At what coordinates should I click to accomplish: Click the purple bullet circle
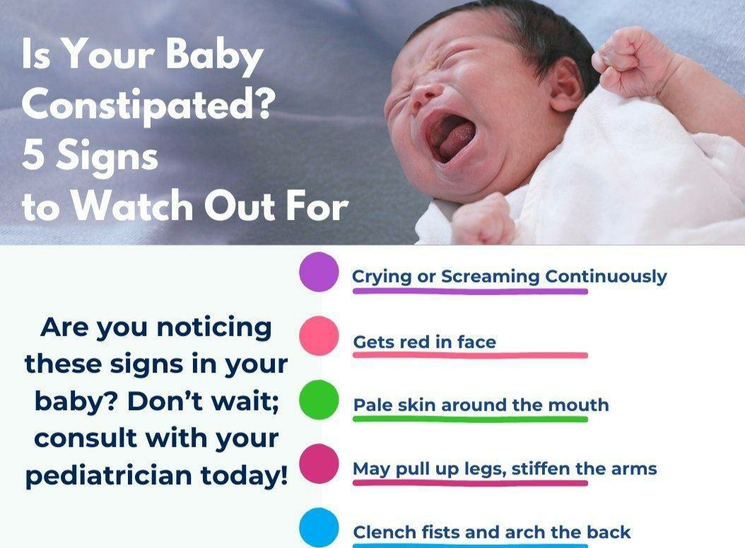[319, 272]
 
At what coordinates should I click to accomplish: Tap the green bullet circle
[319, 400]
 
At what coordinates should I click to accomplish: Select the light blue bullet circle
[319, 527]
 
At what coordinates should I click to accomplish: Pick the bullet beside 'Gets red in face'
[319, 336]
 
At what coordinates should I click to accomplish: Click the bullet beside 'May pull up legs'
[319, 464]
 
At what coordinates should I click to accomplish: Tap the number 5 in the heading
[33, 156]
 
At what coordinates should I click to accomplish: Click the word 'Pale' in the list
[372, 405]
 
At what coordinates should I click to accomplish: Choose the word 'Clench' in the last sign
[382, 532]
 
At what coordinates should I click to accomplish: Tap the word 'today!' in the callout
[244, 474]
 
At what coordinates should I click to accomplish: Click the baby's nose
[424, 94]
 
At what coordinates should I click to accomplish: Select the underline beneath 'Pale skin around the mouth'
[470, 419]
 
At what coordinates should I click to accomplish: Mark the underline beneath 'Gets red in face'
[470, 355]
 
